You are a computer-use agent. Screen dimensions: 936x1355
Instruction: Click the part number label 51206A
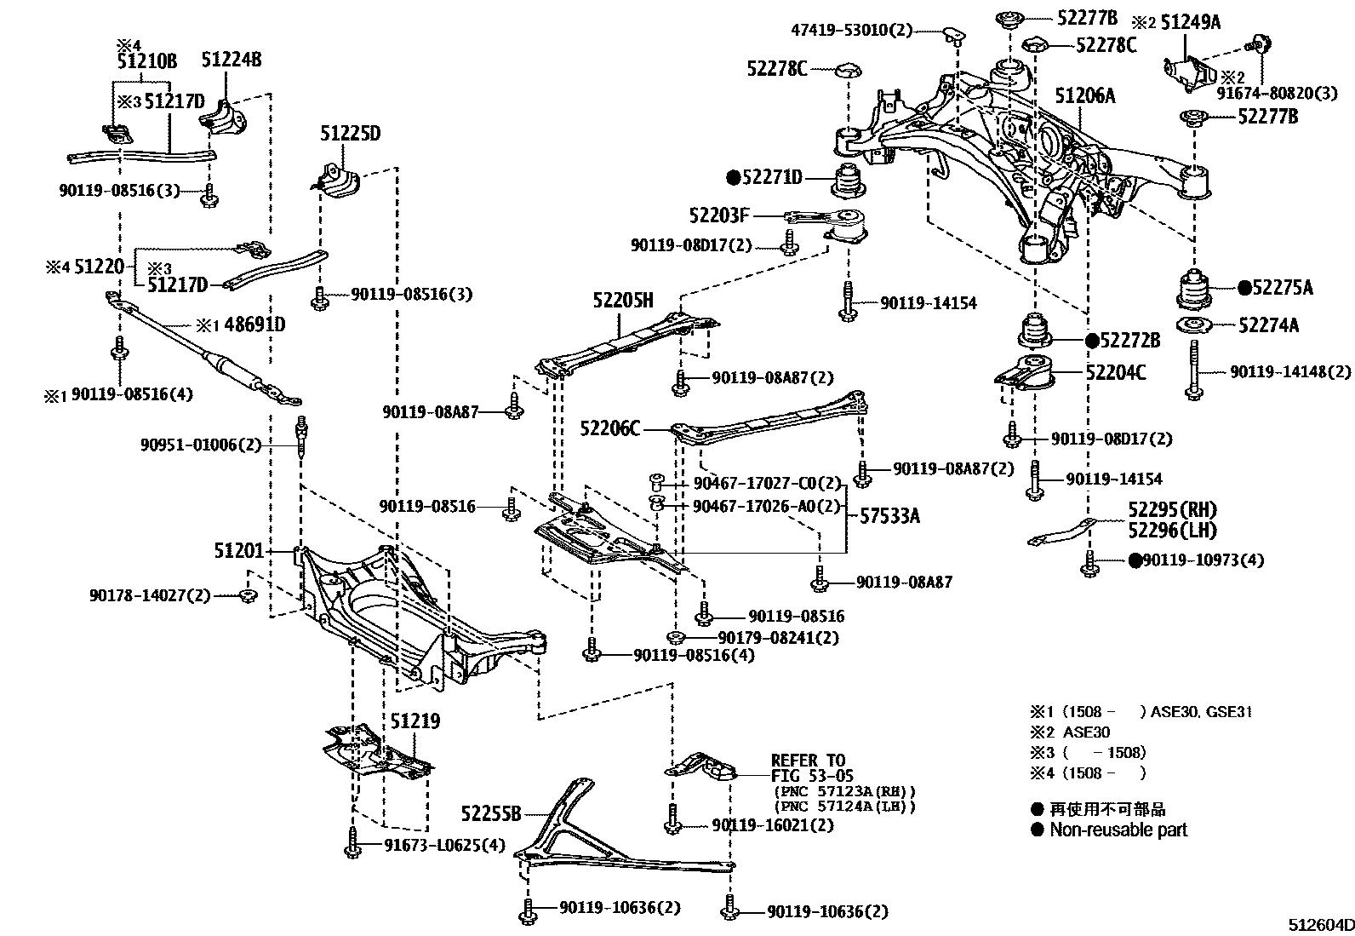click(1084, 95)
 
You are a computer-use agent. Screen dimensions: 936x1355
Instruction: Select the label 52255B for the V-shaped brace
click(490, 814)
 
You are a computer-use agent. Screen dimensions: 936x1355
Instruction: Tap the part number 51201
click(238, 552)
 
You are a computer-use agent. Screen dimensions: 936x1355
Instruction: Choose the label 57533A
click(889, 515)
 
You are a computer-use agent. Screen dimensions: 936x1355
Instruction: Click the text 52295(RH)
click(1172, 510)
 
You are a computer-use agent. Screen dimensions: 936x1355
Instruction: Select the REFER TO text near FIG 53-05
click(808, 761)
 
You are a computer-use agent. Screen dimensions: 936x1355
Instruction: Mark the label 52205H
click(623, 300)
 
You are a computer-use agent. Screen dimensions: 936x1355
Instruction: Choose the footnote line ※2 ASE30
click(1071, 732)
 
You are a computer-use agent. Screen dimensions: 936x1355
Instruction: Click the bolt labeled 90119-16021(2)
click(672, 818)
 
